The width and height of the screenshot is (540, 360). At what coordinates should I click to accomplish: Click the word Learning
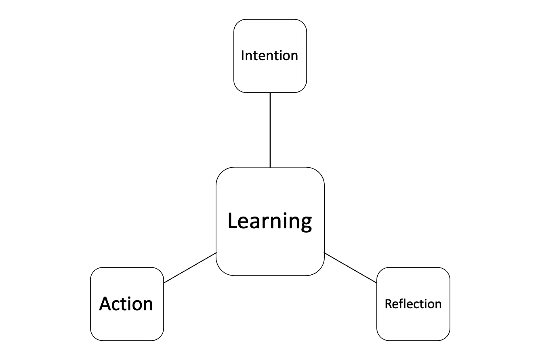270,221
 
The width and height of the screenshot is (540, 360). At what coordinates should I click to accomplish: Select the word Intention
269,55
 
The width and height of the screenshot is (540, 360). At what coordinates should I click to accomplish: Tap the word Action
126,304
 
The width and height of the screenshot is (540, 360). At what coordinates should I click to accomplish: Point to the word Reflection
413,304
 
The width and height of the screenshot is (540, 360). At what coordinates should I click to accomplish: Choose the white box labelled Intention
270,77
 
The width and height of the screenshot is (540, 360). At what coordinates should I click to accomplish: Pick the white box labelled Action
127,323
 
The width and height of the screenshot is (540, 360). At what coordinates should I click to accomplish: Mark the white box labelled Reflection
413,323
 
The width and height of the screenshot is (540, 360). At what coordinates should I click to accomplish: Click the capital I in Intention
243,55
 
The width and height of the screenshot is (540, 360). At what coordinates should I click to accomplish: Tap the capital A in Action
105,304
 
